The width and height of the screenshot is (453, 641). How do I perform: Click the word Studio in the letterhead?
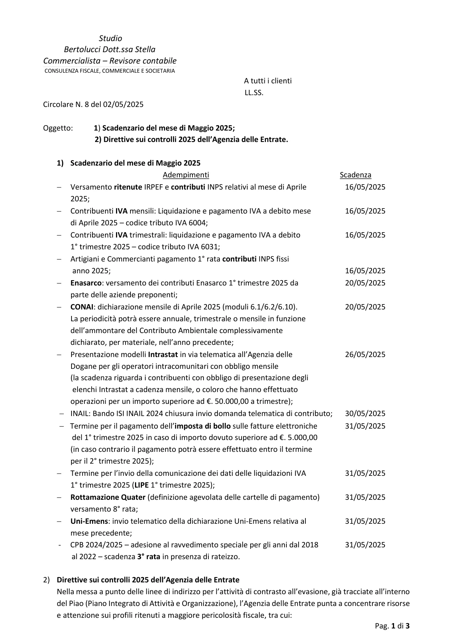[110, 38]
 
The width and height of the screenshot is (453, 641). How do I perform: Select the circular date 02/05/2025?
[123, 104]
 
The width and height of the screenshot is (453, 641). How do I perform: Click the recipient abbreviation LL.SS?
[254, 92]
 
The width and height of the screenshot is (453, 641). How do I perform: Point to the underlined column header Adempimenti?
[186, 175]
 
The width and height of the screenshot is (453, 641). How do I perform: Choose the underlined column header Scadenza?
[355, 175]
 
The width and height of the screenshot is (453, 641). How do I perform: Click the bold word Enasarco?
[86, 283]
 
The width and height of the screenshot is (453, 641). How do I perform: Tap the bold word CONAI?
[82, 307]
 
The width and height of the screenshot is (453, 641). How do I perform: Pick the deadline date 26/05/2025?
[365, 354]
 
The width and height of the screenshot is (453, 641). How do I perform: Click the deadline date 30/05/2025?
[365, 413]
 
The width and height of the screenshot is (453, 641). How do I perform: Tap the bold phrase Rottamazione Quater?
[108, 497]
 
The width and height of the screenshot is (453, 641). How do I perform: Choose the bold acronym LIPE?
[141, 485]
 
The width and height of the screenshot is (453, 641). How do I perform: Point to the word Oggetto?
[58, 128]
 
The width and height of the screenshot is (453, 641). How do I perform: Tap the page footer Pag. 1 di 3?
[392, 626]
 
